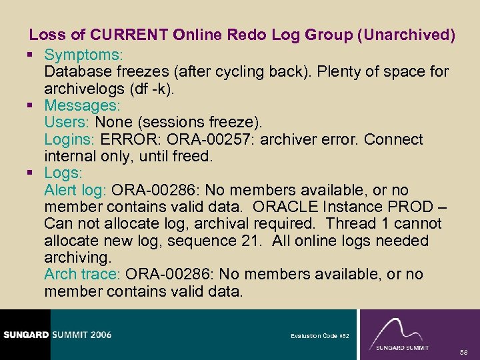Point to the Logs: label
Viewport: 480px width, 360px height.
pyautogui.click(x=63, y=173)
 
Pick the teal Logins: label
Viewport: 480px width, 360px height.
pyautogui.click(x=71, y=139)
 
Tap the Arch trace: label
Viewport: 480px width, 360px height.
pyautogui.click(x=82, y=274)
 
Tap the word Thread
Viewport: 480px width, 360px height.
pyautogui.click(x=350, y=224)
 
